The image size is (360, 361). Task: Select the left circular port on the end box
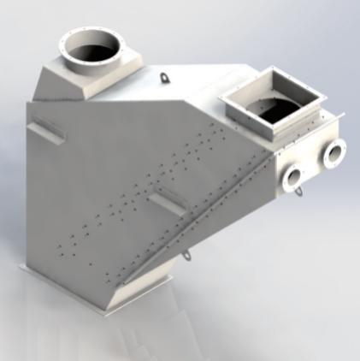[293, 179]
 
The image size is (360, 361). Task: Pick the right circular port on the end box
[333, 153]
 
